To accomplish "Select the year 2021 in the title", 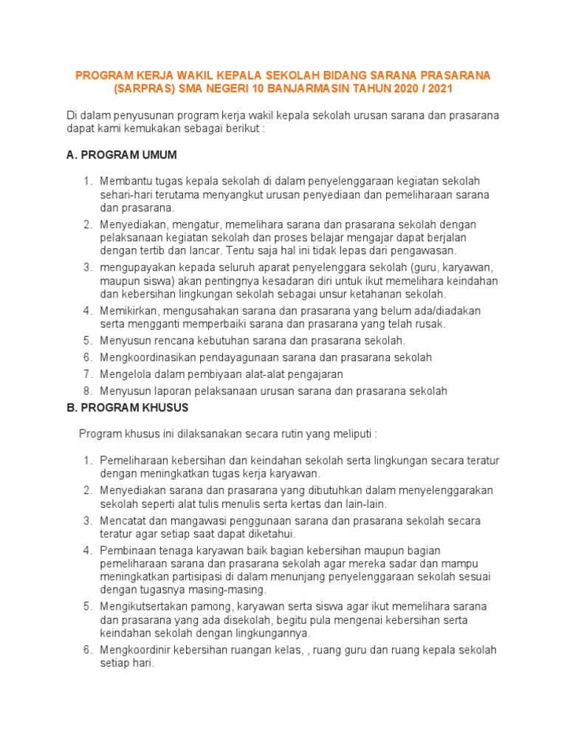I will coord(439,89).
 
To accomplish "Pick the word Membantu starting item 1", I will coord(124,182).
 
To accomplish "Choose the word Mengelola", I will coord(126,374).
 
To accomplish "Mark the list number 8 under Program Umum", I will coord(86,391).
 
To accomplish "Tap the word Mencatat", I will coord(124,520).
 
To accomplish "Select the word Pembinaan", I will coord(127,550).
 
